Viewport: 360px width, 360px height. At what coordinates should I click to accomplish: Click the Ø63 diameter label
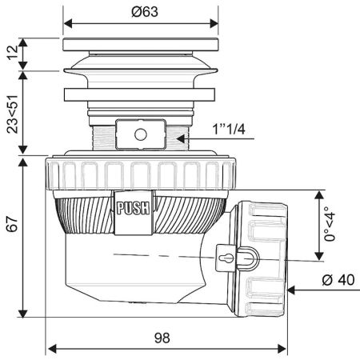tap(145, 12)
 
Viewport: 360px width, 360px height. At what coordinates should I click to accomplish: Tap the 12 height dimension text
tap(13, 53)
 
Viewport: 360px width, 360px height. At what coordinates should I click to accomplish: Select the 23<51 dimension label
tap(13, 114)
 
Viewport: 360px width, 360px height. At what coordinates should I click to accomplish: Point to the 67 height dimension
tap(12, 224)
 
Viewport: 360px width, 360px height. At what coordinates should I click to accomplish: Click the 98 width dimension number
tap(162, 338)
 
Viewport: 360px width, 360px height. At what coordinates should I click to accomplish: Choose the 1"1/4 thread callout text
tap(229, 130)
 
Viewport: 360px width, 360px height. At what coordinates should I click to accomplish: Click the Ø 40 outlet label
tap(338, 280)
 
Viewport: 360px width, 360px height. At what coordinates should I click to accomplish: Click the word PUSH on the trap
tap(134, 208)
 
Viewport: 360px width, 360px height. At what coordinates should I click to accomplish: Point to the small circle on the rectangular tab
tap(141, 134)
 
